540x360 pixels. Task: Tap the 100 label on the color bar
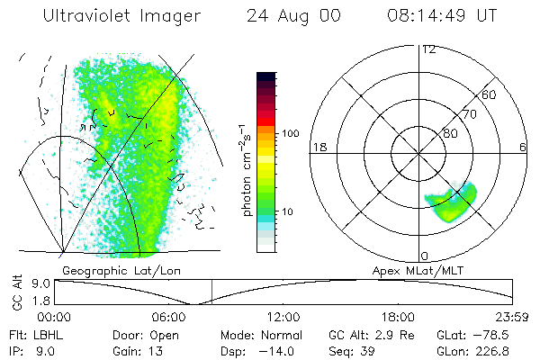click(290, 133)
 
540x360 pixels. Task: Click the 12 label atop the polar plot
click(428, 49)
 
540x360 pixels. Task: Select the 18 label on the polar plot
click(318, 148)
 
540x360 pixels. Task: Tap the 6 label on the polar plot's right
click(523, 148)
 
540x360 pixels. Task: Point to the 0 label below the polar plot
click(425, 256)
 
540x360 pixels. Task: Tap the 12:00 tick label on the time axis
click(284, 317)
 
